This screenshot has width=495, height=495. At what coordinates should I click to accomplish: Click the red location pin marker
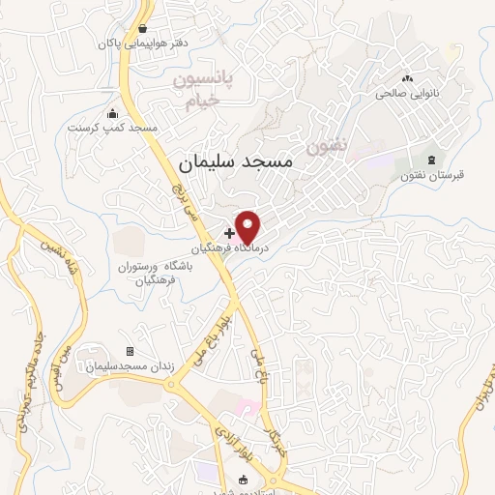click(x=248, y=226)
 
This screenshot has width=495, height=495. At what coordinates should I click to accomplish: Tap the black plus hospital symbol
click(x=229, y=233)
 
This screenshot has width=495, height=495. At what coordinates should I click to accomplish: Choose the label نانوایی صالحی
click(x=406, y=94)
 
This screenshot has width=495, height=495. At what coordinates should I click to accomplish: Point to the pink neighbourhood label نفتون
click(x=327, y=148)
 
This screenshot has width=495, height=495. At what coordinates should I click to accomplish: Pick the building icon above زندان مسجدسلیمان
click(x=131, y=351)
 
